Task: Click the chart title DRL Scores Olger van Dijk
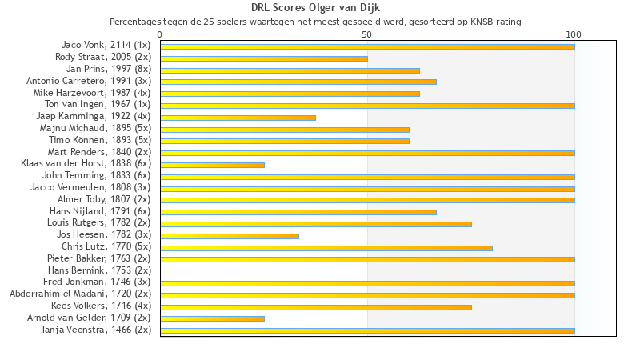coord(315,8)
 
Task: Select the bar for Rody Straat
coord(264,58)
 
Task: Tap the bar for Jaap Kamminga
coord(238,118)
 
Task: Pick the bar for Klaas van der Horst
coord(213,165)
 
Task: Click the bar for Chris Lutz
coord(326,248)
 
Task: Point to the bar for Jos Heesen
coord(230,236)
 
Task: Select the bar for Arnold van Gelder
coord(213,318)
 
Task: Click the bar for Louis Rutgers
coord(316,224)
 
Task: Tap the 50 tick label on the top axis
coord(367,34)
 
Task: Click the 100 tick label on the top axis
coord(574,34)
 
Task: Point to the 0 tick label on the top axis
coord(160,34)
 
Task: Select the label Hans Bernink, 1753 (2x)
coord(99,270)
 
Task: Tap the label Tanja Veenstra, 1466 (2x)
coord(96,330)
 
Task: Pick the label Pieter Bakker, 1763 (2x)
coord(99,258)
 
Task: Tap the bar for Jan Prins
coord(290,70)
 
